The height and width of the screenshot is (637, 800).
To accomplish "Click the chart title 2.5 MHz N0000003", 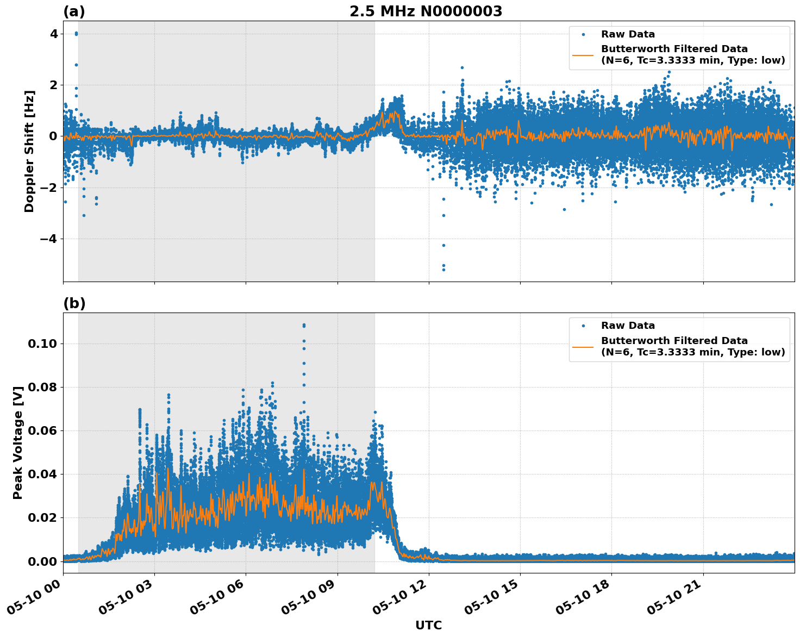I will [426, 11].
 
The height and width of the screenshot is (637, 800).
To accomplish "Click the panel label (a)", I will [74, 11].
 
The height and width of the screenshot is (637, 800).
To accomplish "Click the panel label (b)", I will [74, 303].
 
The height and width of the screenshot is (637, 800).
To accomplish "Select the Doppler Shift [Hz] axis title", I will [29, 151].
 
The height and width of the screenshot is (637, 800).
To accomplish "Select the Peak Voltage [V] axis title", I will [18, 442].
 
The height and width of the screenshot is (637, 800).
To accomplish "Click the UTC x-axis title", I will [428, 625].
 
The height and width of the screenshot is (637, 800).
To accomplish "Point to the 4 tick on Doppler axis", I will [53, 34].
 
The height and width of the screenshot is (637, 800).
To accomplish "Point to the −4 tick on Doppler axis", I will [49, 239].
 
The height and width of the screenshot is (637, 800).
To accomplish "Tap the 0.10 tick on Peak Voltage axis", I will [43, 344].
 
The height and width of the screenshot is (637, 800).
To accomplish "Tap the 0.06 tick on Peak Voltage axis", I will [43, 430].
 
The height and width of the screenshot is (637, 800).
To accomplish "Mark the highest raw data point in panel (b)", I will [304, 325].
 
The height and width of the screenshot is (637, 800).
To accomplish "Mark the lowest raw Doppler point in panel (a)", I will [443, 270].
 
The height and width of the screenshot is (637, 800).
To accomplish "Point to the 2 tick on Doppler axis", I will [53, 85].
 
